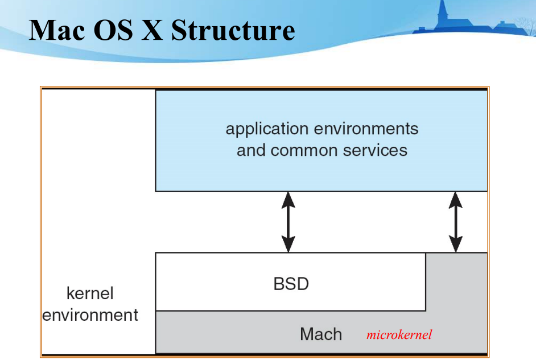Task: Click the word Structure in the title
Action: click(x=233, y=30)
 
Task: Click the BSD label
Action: click(x=291, y=283)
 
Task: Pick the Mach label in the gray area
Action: click(x=321, y=334)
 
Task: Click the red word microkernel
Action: click(x=399, y=334)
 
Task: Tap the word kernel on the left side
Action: click(x=90, y=293)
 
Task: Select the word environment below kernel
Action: click(x=90, y=315)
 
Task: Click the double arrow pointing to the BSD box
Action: click(x=288, y=222)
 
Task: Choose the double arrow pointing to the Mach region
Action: click(x=455, y=222)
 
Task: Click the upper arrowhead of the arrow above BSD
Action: click(x=288, y=199)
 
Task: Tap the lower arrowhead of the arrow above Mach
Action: click(x=455, y=245)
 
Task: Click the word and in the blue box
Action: click(x=251, y=150)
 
